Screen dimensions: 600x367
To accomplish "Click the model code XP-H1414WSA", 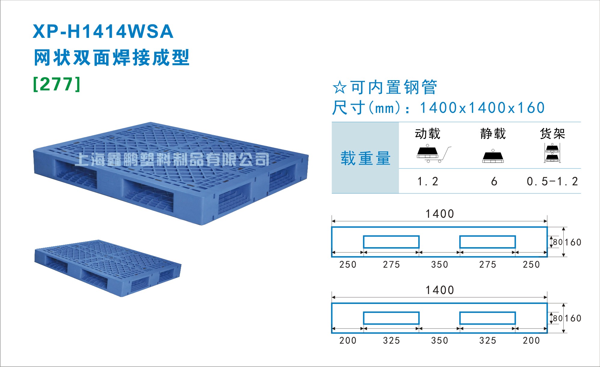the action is pyautogui.click(x=103, y=32).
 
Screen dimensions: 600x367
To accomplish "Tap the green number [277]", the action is pyautogui.click(x=57, y=84).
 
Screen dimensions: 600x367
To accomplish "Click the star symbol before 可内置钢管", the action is pyautogui.click(x=340, y=87).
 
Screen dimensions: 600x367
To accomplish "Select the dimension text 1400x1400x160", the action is pyautogui.click(x=482, y=108).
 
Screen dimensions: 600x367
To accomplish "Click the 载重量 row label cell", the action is pyautogui.click(x=365, y=158).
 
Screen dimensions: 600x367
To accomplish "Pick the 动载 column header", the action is pyautogui.click(x=427, y=134).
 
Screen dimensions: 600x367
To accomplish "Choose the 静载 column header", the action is pyautogui.click(x=493, y=134).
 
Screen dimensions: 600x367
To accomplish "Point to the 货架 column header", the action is pyautogui.click(x=553, y=134).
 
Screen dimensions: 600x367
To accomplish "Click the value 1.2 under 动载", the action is pyautogui.click(x=428, y=181).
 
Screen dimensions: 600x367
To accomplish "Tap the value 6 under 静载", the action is pyautogui.click(x=494, y=181).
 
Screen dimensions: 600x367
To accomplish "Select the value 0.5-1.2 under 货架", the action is pyautogui.click(x=552, y=181).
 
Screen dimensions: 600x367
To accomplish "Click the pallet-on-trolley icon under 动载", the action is pyautogui.click(x=434, y=154).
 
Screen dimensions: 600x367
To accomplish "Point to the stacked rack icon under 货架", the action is pyautogui.click(x=552, y=153).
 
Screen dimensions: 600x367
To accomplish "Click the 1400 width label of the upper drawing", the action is pyautogui.click(x=440, y=214).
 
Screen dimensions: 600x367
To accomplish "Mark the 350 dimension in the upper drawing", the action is pyautogui.click(x=439, y=265).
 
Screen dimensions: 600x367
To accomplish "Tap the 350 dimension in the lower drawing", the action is pyautogui.click(x=439, y=341).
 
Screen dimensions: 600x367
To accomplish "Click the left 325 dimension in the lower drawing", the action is pyautogui.click(x=391, y=341).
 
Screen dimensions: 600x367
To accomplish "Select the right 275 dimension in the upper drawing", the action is pyautogui.click(x=488, y=265).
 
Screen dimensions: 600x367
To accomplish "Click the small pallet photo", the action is pyautogui.click(x=108, y=268).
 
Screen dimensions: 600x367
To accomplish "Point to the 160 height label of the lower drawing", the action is pyautogui.click(x=573, y=318).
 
